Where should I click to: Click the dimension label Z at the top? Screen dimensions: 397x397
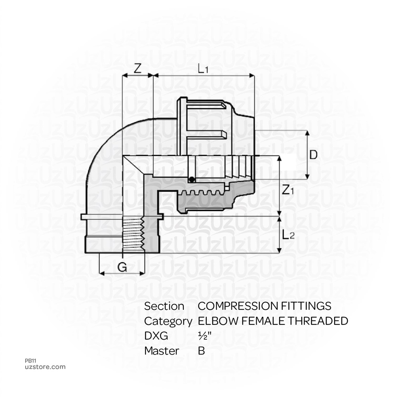[x=137, y=68]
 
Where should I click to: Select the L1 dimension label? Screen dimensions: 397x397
[x=203, y=69]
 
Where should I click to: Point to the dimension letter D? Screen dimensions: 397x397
[x=313, y=155]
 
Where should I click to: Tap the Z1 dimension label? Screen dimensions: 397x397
[x=288, y=190]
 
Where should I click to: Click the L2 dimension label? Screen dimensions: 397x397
[x=288, y=235]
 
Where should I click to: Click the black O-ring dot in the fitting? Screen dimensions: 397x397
[x=191, y=180]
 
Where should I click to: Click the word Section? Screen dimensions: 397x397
[x=164, y=306]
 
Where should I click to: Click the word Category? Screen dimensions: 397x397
[x=168, y=321]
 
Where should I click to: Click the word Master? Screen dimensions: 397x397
[x=161, y=351]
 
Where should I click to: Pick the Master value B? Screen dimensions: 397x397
[x=201, y=351]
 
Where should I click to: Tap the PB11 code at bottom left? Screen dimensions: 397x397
[x=30, y=361]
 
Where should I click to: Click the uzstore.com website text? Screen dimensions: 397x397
[x=45, y=367]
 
